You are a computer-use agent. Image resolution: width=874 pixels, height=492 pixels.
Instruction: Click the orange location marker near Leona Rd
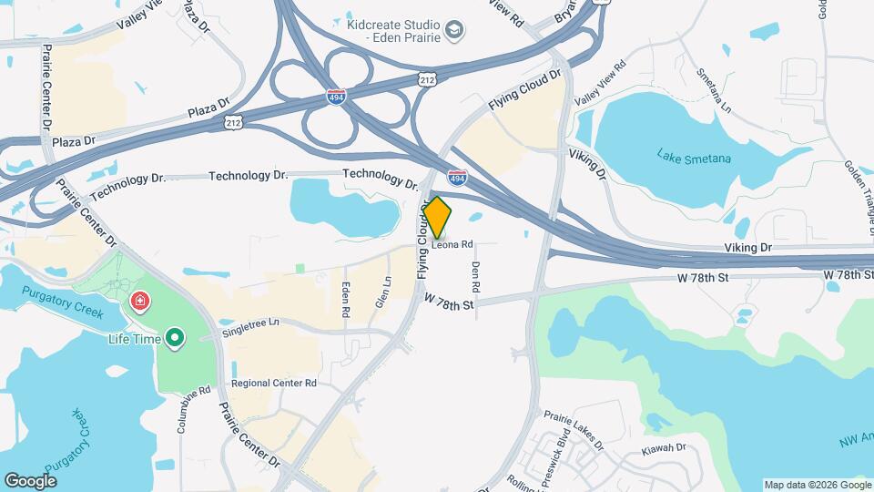click(x=437, y=217)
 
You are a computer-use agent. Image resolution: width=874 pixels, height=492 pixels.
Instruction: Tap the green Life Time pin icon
click(x=174, y=339)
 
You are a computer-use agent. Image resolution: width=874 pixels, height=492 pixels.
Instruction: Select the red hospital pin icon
click(x=140, y=301)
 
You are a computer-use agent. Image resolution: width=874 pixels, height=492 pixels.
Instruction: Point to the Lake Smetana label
click(x=694, y=157)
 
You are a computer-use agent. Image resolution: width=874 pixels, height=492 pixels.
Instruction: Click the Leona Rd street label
click(x=452, y=244)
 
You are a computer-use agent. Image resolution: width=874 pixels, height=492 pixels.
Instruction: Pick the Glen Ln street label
click(x=383, y=292)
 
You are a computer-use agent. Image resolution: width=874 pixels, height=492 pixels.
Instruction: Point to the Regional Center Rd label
click(x=273, y=384)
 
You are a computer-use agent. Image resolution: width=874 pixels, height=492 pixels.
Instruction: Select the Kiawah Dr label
click(x=663, y=447)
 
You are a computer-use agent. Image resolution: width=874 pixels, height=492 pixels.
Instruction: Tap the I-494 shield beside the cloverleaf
click(x=337, y=96)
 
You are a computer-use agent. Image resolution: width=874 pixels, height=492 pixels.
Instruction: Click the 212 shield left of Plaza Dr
click(x=234, y=121)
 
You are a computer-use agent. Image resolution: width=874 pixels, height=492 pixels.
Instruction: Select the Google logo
click(x=30, y=480)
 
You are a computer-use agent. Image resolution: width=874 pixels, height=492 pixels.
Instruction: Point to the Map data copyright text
click(x=817, y=485)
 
